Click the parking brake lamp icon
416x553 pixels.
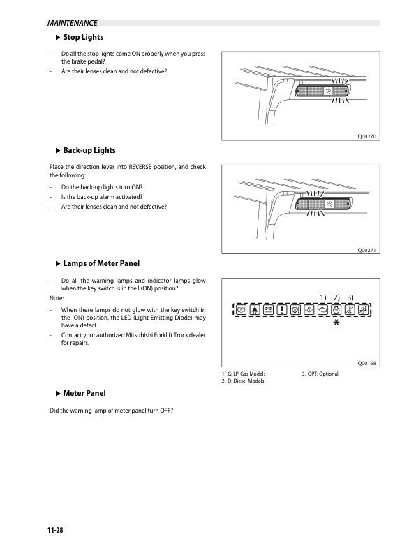tap(242, 310)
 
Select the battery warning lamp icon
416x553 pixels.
tap(268, 310)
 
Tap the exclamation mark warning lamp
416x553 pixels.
tap(282, 310)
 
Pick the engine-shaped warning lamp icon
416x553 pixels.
tap(322, 310)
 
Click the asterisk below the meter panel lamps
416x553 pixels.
tap(336, 322)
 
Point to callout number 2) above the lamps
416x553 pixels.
tap(336, 297)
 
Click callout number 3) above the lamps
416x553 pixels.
tap(350, 297)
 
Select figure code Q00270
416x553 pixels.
tap(366, 136)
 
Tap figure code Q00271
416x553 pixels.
tap(366, 250)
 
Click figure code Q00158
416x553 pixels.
tap(366, 363)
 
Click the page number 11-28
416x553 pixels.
tap(55, 530)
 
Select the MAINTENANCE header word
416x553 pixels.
tap(73, 23)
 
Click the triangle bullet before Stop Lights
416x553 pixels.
tap(58, 38)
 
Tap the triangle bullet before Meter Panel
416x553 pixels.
tap(58, 394)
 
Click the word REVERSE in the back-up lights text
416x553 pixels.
tap(140, 167)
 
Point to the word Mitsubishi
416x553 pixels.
tap(139, 335)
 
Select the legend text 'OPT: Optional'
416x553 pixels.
tap(322, 374)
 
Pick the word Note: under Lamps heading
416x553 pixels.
tap(57, 298)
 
